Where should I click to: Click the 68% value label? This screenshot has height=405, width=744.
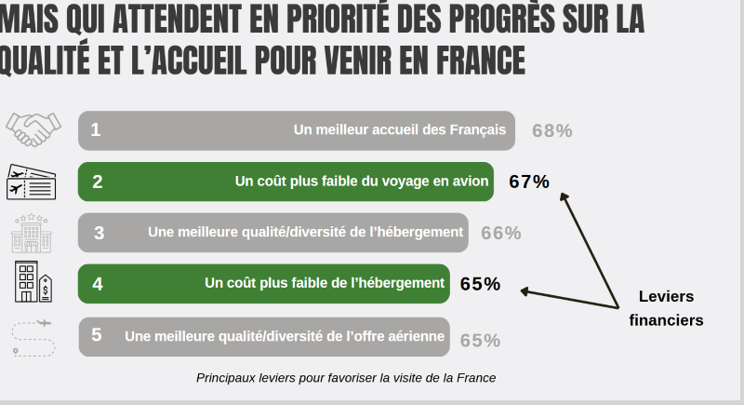pyautogui.click(x=551, y=130)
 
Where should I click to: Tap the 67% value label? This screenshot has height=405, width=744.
pyautogui.click(x=529, y=182)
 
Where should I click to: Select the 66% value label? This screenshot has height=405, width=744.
pyautogui.click(x=500, y=233)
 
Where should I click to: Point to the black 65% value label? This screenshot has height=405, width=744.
pyautogui.click(x=480, y=283)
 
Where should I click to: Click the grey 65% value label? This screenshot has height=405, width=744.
pyautogui.click(x=480, y=340)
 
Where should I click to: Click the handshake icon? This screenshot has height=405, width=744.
pyautogui.click(x=33, y=129)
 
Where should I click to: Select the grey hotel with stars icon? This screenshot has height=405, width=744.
pyautogui.click(x=33, y=233)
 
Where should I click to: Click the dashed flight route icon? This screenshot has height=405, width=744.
pyautogui.click(x=33, y=337)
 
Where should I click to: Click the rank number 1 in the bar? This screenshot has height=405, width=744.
pyautogui.click(x=96, y=130)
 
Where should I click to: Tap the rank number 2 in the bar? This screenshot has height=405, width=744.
pyautogui.click(x=97, y=182)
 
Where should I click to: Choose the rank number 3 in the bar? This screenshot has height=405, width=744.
pyautogui.click(x=99, y=233)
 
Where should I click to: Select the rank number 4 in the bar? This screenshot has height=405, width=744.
pyautogui.click(x=97, y=284)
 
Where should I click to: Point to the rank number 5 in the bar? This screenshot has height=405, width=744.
pyautogui.click(x=97, y=335)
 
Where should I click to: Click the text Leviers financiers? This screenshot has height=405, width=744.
pyautogui.click(x=666, y=308)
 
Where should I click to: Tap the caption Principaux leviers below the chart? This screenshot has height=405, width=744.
pyautogui.click(x=346, y=378)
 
